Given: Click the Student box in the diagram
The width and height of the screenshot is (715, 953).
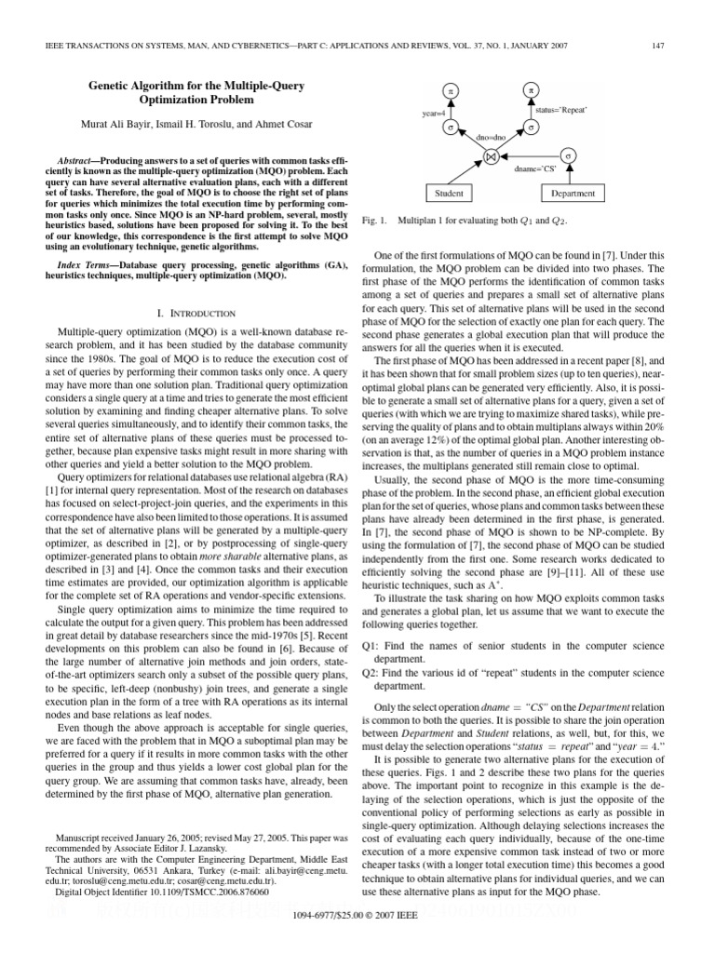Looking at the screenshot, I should (450, 194).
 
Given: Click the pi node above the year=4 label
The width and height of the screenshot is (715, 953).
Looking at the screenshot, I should (451, 92).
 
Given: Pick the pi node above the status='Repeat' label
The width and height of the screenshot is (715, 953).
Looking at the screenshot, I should (531, 91).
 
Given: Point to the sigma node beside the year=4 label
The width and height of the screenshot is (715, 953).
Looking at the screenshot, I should (451, 127).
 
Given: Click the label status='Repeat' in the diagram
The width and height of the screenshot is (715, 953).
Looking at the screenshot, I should (560, 110).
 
